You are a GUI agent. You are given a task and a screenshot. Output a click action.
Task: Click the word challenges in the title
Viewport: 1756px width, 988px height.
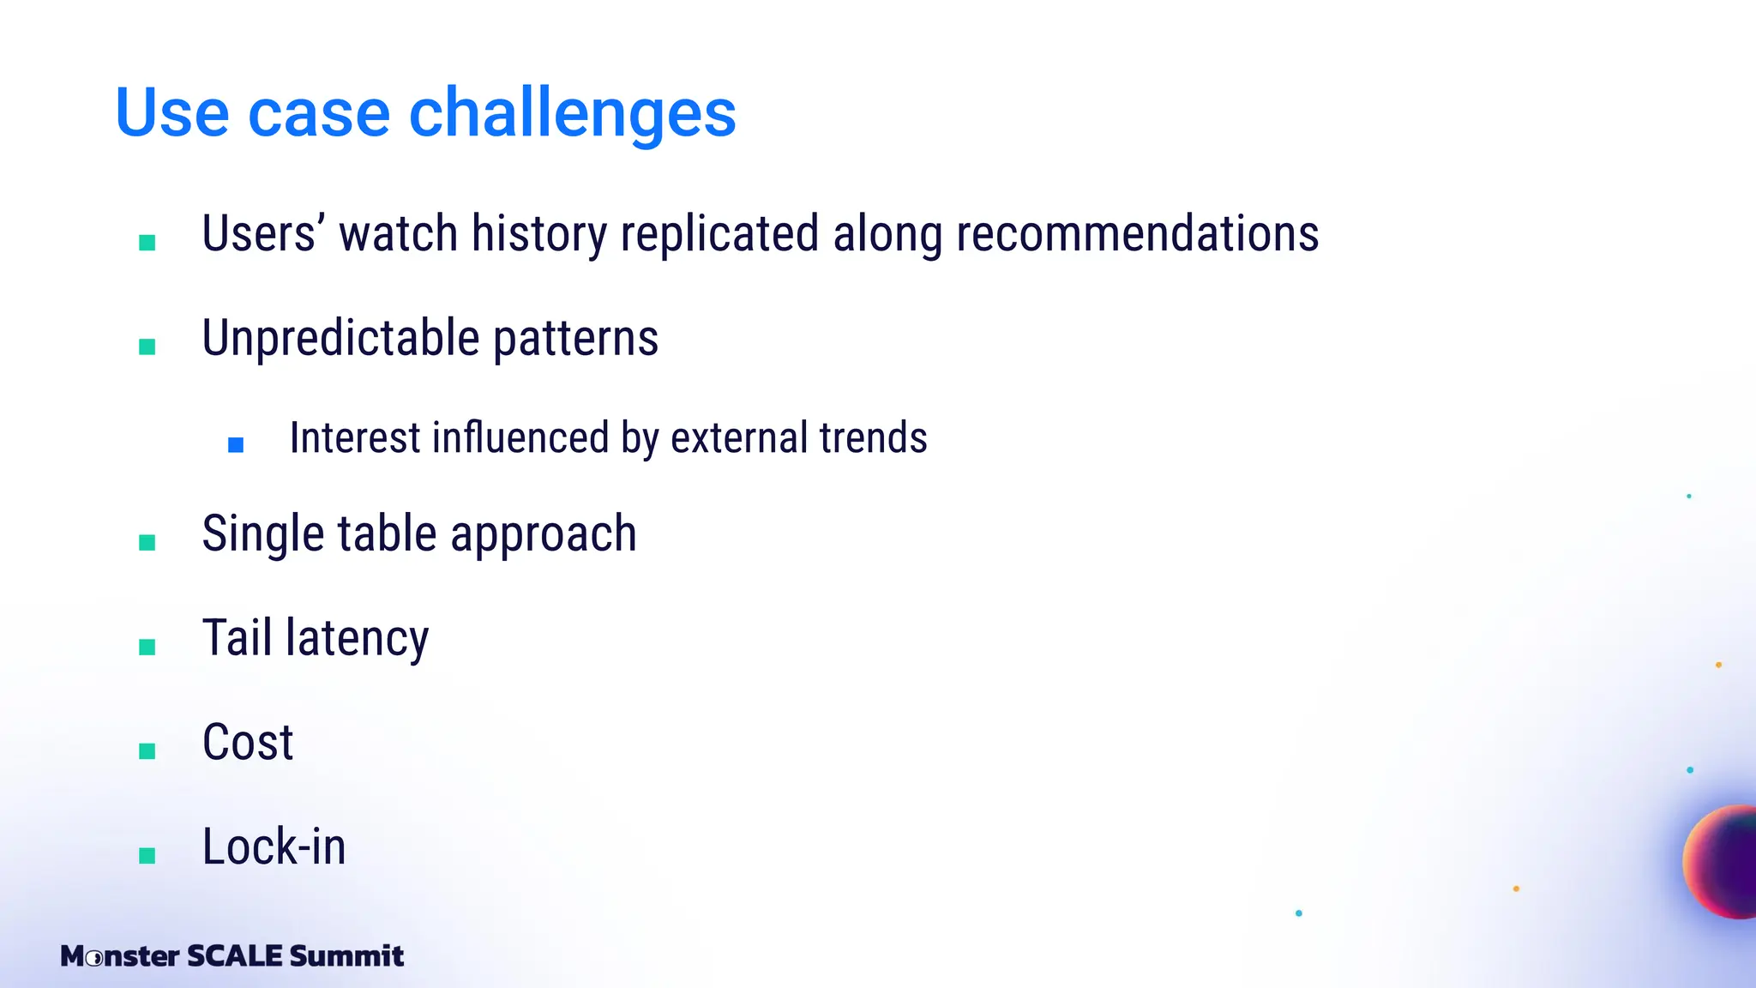(x=572, y=113)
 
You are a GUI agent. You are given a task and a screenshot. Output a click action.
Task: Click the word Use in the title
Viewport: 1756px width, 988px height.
(x=171, y=113)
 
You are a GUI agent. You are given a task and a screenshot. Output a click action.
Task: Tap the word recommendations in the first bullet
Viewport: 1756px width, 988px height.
(x=1137, y=234)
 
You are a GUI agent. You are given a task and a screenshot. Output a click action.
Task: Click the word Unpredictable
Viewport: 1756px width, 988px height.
(x=340, y=338)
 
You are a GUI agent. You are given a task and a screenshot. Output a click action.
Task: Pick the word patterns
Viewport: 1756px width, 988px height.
(x=575, y=338)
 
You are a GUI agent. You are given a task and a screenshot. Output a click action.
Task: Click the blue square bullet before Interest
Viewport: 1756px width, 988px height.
(x=236, y=444)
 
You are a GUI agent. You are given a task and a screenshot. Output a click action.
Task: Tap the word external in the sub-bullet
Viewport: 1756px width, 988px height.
(x=738, y=437)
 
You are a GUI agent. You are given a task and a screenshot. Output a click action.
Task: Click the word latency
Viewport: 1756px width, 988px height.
(x=357, y=639)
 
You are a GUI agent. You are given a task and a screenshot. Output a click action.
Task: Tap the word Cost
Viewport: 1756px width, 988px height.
(x=248, y=742)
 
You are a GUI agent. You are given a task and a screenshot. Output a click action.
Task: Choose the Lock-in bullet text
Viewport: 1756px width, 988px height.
(x=274, y=846)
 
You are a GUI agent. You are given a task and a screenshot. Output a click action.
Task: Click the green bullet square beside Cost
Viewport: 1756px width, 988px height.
(x=147, y=751)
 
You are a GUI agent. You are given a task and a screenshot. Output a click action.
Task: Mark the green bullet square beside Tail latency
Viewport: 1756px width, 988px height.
(x=147, y=647)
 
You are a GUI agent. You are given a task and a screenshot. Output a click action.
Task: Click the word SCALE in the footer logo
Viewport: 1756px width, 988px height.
(x=234, y=955)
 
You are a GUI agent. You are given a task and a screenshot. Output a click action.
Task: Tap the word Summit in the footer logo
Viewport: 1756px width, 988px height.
(x=346, y=955)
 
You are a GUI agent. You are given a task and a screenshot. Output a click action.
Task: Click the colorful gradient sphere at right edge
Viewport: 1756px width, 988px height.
(x=1723, y=862)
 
